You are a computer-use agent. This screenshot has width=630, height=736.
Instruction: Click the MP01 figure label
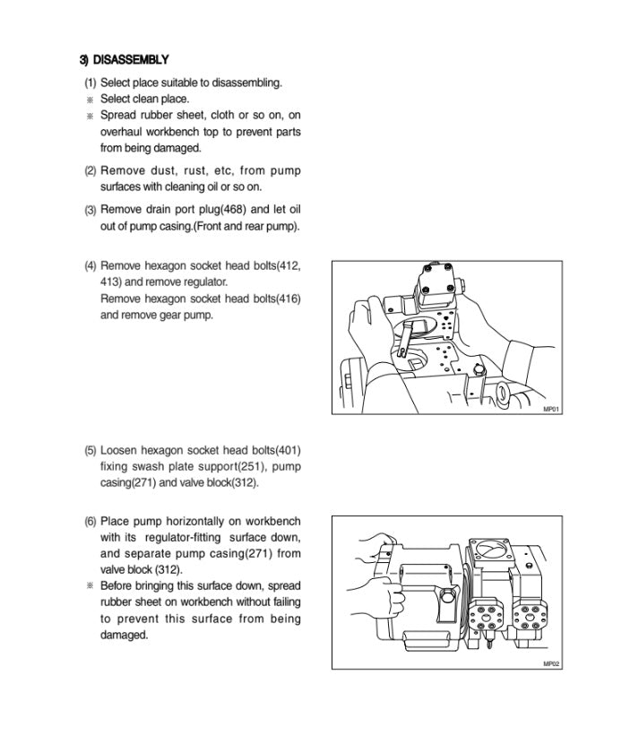(551, 409)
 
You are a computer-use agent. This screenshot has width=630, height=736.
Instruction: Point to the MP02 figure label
(551, 663)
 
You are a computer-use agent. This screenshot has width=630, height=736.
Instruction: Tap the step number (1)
(91, 82)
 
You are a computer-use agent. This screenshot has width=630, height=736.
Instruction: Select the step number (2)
(91, 170)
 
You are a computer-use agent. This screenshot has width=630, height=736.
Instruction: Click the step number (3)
(91, 210)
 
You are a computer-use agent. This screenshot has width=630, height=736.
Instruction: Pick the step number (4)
(91, 266)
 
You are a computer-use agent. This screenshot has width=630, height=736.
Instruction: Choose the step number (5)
(91, 450)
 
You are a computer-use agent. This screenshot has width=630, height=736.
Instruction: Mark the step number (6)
(91, 521)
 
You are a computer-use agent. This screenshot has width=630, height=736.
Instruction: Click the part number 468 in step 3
(230, 210)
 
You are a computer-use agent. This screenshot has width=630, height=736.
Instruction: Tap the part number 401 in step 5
(288, 450)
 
